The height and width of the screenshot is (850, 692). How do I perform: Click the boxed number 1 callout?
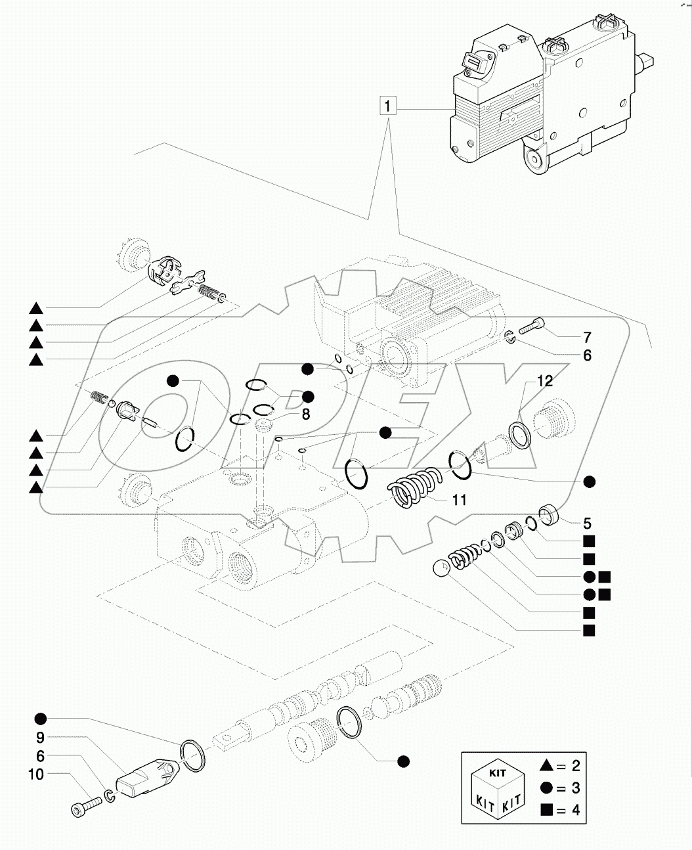(388, 106)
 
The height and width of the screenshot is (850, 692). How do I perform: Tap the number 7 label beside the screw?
(587, 338)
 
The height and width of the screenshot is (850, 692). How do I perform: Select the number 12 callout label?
(544, 380)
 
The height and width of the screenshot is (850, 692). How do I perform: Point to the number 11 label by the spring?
(459, 501)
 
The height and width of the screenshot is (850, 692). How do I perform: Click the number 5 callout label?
(588, 524)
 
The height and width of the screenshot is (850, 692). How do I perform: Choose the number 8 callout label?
(306, 414)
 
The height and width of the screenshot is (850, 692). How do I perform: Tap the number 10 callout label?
(36, 774)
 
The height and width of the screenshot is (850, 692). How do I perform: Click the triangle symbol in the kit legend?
(545, 765)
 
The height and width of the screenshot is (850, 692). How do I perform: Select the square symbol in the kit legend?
(545, 810)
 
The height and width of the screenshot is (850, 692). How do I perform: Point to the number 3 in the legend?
(575, 788)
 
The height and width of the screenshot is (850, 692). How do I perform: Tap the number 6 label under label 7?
(587, 355)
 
